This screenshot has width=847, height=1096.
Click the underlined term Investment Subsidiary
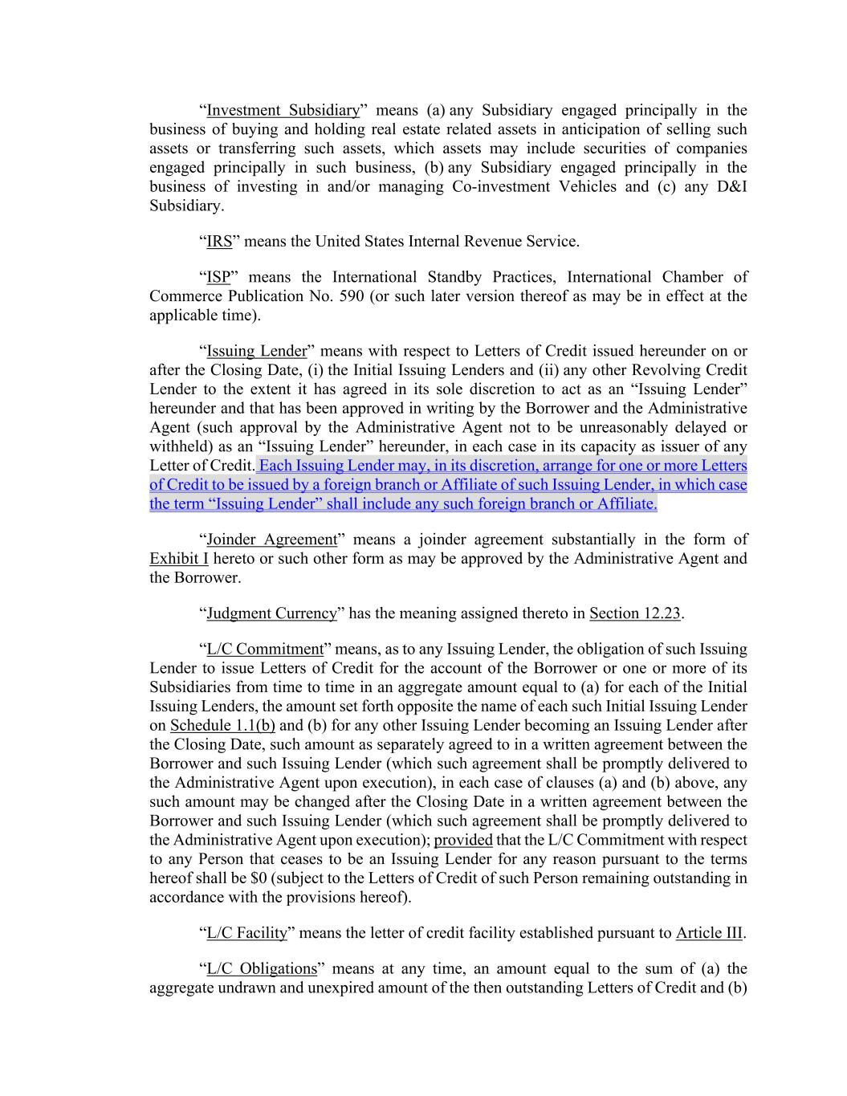coord(283,110)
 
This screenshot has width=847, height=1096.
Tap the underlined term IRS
coord(219,241)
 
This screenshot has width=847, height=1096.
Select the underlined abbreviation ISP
coord(218,277)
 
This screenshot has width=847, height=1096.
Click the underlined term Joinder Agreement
coord(271,540)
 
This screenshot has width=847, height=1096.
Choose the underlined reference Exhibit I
coord(178,559)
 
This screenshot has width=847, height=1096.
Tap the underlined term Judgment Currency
coord(271,613)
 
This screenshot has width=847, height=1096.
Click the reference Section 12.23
coord(635,613)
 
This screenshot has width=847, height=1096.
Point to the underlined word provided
coord(463,840)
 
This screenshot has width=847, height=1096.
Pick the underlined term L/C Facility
coord(246,933)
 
